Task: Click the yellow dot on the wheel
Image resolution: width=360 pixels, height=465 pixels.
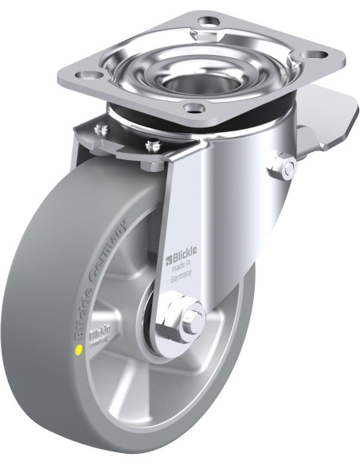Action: coord(77,349)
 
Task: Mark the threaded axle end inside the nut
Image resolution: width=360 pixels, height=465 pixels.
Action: coord(194,322)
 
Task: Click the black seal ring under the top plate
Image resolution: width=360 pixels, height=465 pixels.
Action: coord(239,119)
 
